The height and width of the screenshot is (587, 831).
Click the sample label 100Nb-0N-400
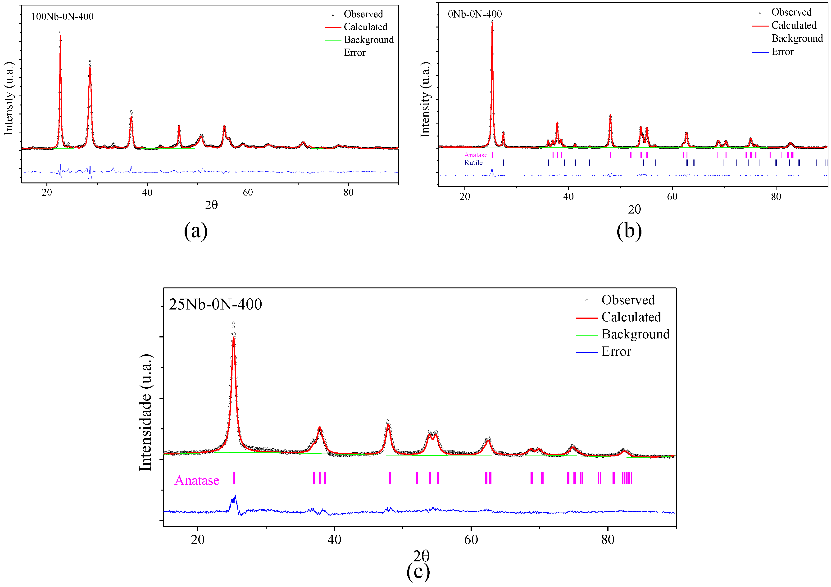tap(62, 17)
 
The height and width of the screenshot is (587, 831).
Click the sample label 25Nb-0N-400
tap(215, 304)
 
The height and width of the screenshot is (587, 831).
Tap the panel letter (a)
tap(196, 231)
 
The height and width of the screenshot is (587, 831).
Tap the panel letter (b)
tap(629, 231)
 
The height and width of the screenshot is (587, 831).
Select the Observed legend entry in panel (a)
tap(363, 14)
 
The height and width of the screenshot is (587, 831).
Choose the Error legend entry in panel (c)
tap(616, 351)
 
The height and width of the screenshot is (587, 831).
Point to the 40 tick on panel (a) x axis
tap(147, 192)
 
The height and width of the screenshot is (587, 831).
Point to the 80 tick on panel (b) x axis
tap(776, 196)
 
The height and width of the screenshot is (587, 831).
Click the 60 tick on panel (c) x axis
tap(471, 540)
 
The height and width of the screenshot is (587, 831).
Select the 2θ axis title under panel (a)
tap(211, 205)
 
